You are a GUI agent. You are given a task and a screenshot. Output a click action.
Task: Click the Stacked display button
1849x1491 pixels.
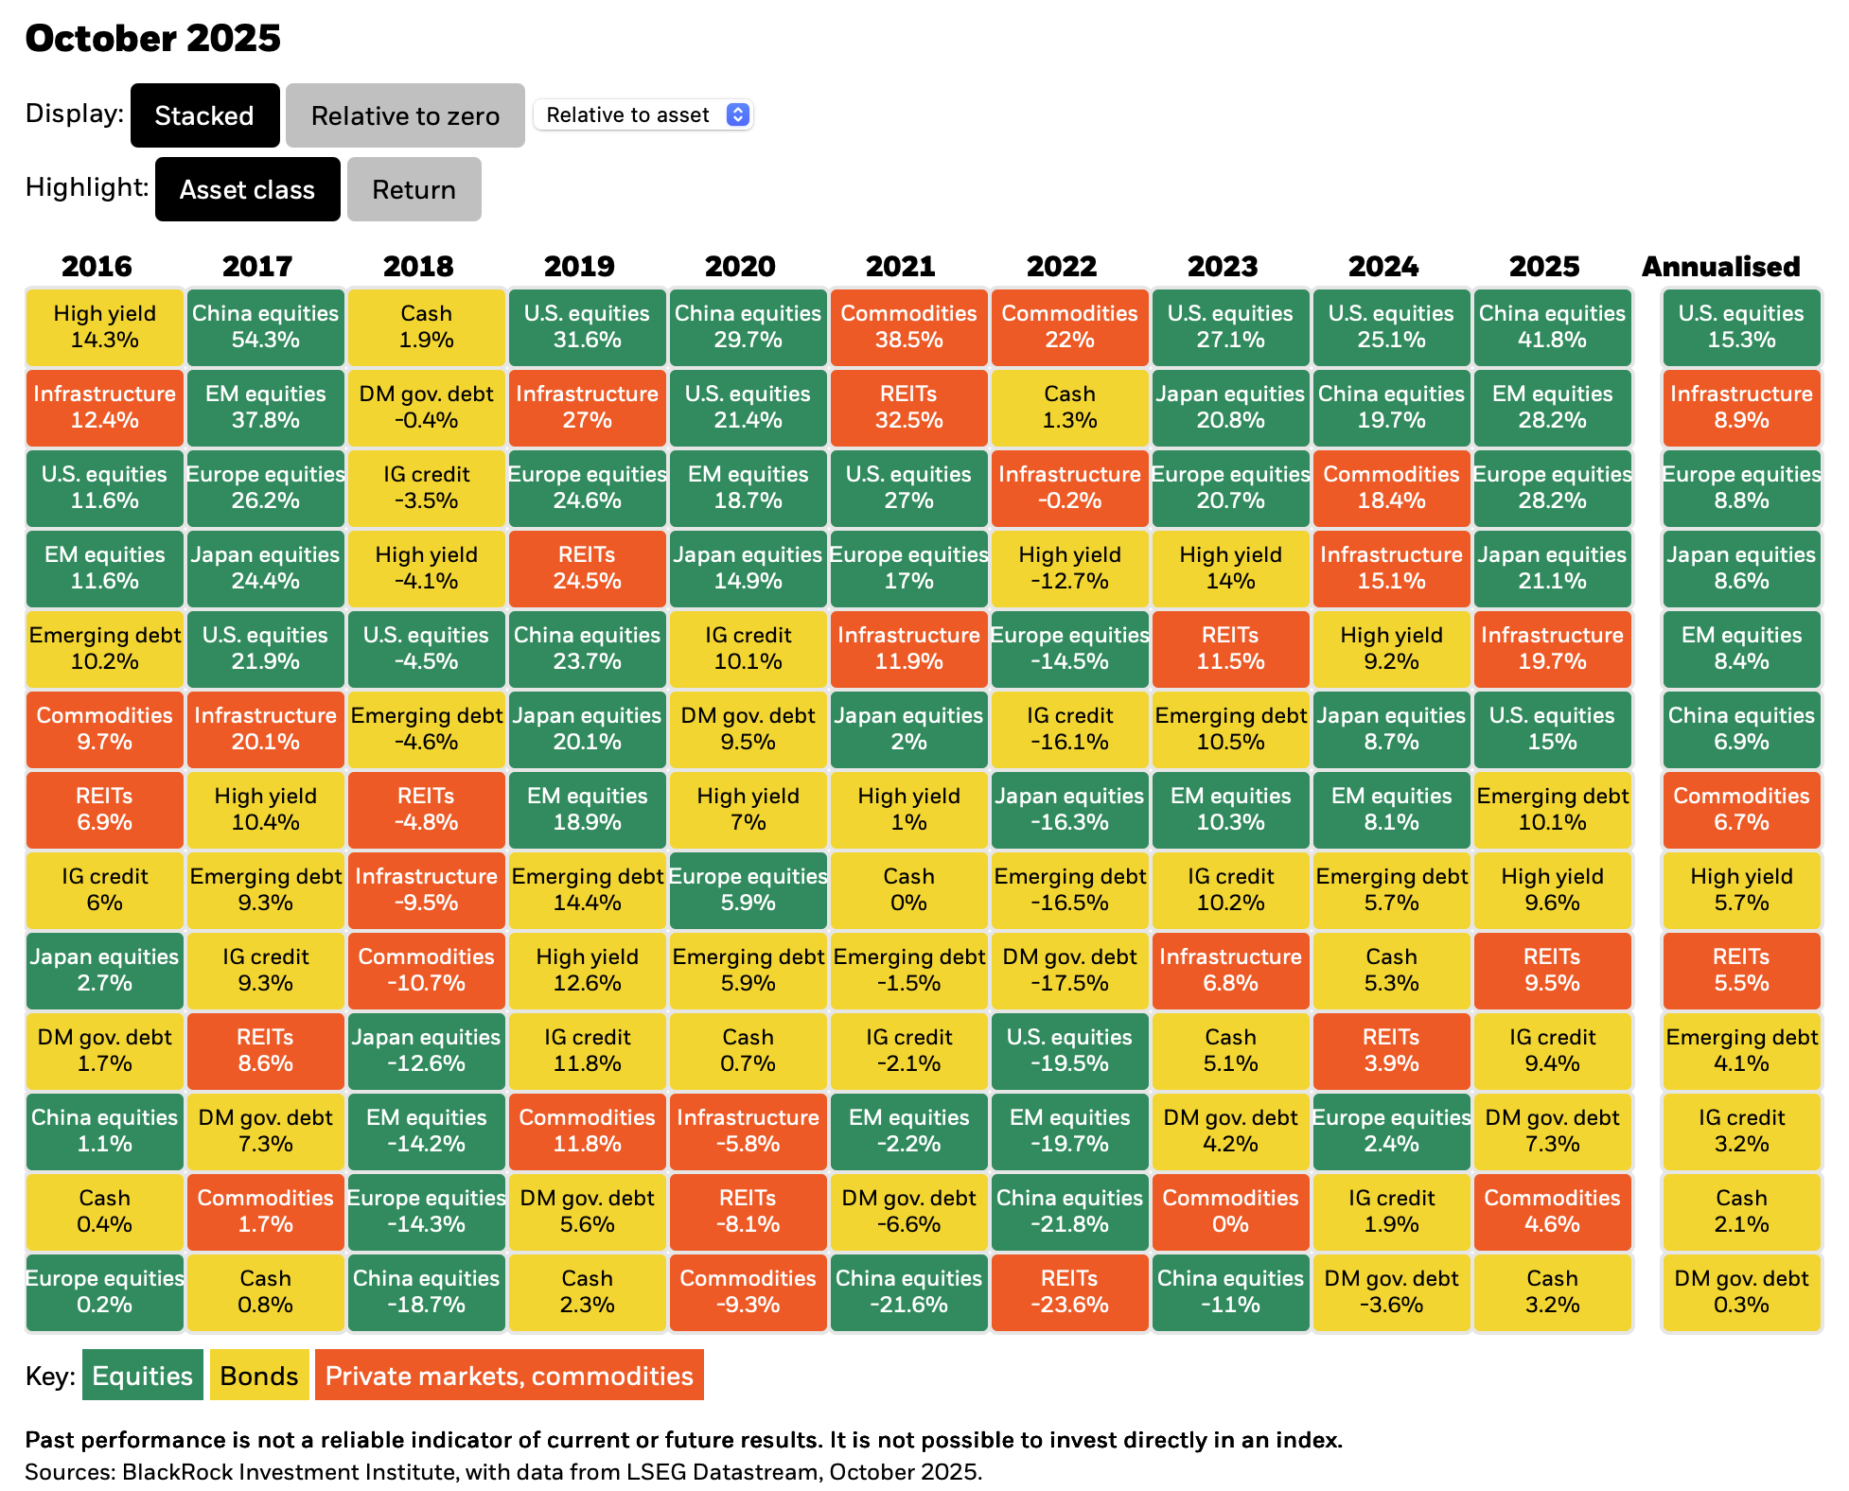(x=204, y=115)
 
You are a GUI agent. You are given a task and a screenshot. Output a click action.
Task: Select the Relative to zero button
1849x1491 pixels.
(x=405, y=115)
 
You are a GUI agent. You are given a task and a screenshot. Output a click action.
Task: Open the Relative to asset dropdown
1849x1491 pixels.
(x=643, y=114)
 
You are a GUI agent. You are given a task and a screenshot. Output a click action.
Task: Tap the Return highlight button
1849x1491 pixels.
(x=414, y=189)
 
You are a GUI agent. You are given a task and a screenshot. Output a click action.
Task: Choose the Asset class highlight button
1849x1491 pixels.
(x=247, y=189)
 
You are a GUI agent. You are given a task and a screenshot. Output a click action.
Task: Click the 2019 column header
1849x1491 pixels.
(x=579, y=267)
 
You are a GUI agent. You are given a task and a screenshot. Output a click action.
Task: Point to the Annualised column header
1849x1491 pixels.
(x=1720, y=267)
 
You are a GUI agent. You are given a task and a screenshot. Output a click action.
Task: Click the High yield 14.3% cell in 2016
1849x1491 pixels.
(x=105, y=326)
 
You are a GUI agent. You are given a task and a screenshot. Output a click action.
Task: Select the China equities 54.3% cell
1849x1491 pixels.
(x=266, y=326)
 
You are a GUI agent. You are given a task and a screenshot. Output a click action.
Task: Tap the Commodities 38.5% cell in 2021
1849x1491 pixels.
(x=908, y=326)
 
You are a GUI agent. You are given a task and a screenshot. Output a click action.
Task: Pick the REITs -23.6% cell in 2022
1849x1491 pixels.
(x=1069, y=1291)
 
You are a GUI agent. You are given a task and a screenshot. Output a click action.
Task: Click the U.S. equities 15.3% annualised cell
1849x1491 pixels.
(x=1741, y=326)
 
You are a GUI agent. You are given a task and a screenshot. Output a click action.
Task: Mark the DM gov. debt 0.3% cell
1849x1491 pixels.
(x=1741, y=1291)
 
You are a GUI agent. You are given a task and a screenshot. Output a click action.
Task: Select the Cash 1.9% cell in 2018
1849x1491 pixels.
(x=427, y=326)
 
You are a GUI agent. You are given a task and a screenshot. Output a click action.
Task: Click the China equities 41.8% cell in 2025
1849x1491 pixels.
(x=1552, y=326)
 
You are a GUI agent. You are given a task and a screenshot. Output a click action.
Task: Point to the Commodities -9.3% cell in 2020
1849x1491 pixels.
(x=748, y=1291)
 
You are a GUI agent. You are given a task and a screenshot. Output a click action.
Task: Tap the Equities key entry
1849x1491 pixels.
(x=143, y=1375)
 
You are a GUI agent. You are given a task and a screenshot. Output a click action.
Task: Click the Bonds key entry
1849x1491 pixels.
(x=259, y=1375)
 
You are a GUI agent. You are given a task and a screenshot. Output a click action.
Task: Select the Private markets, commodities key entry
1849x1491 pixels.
(x=509, y=1375)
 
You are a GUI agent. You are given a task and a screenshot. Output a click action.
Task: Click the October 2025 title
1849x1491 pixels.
(x=153, y=38)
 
